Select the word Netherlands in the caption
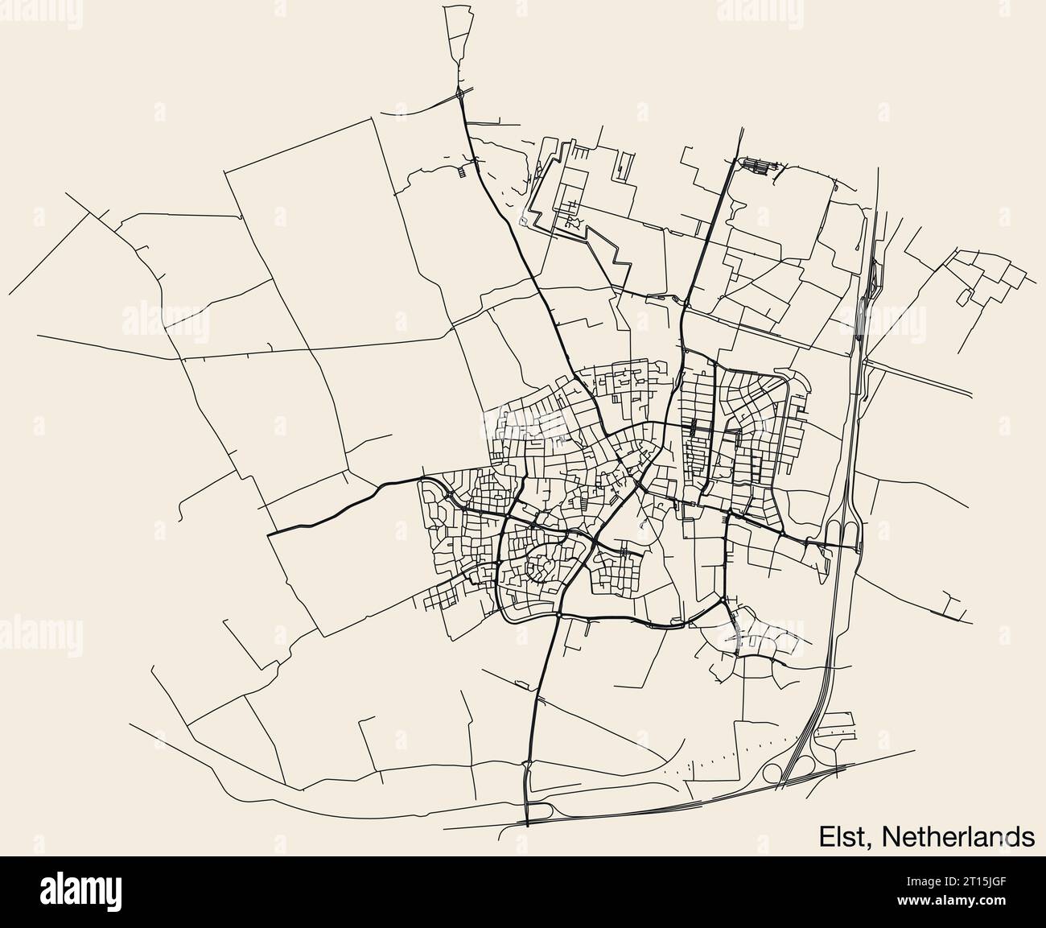click(958, 836)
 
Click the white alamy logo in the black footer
click(80, 892)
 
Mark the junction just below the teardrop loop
click(459, 95)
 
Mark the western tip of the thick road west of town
click(271, 532)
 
